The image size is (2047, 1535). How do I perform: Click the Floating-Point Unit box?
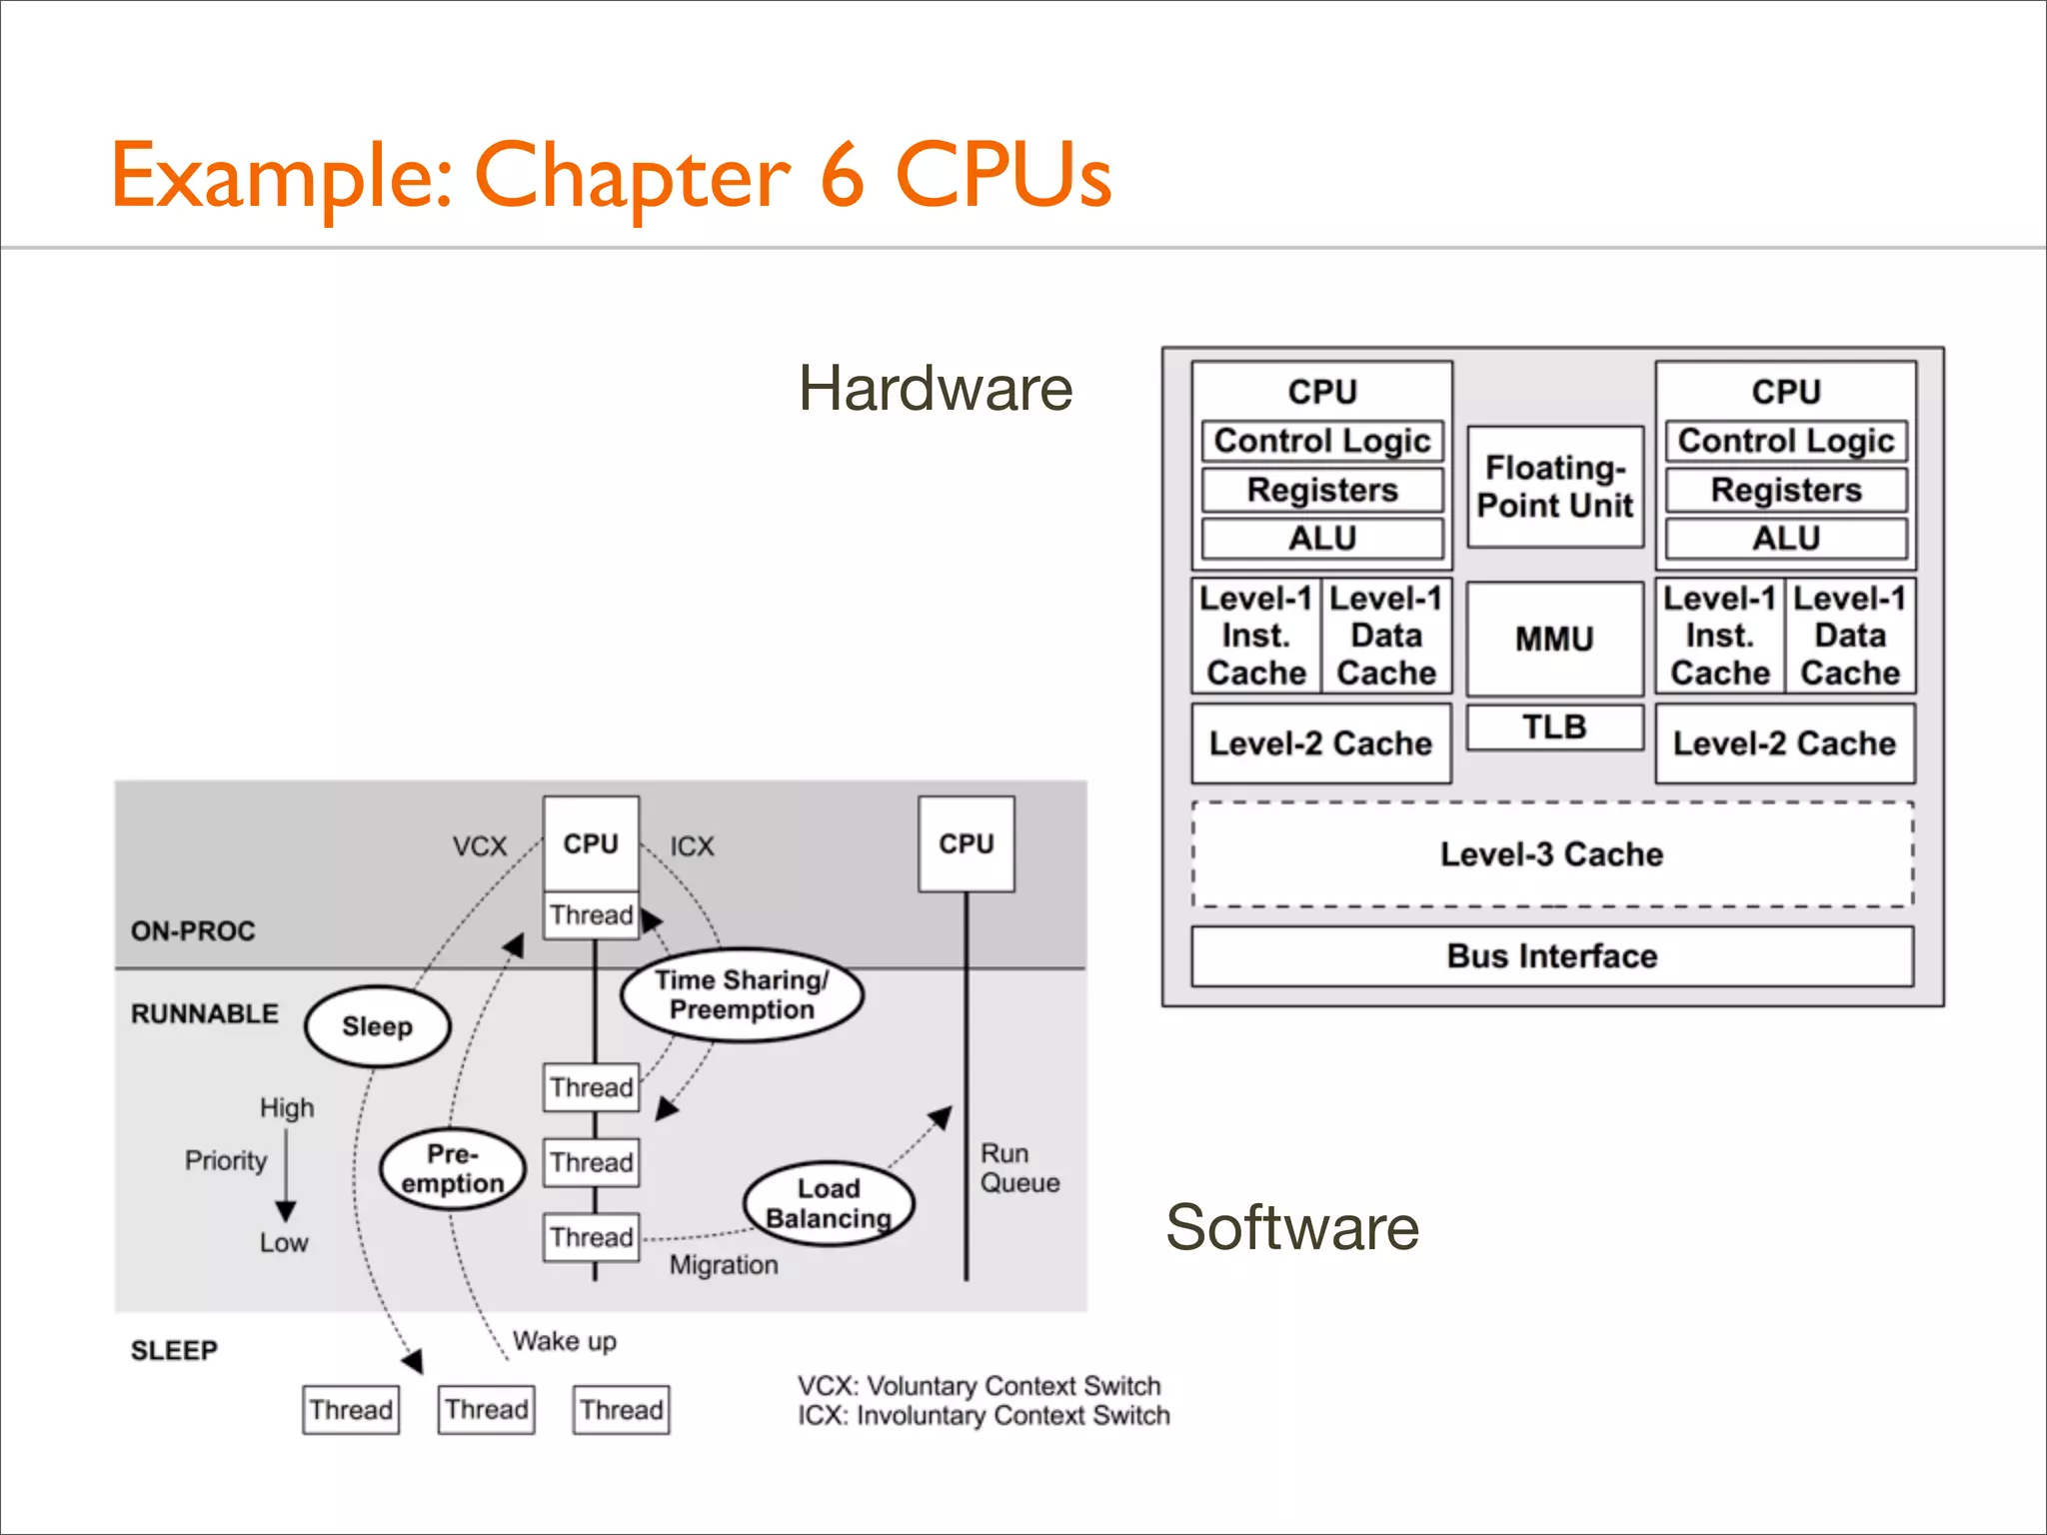tap(1554, 487)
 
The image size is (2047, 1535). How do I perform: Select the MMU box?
tap(1554, 639)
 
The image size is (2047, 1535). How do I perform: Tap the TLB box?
tap(1554, 727)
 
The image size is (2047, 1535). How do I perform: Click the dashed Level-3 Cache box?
tap(1551, 854)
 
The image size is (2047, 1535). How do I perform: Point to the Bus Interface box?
tap(1551, 956)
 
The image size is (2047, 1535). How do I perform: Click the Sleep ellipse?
tap(377, 1026)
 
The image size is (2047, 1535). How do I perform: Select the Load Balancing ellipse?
tap(829, 1203)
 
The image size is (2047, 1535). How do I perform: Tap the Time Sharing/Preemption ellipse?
tap(742, 994)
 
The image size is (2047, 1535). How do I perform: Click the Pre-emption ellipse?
tap(453, 1168)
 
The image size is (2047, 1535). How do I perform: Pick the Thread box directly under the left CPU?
tap(591, 914)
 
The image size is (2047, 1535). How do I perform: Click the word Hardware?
tap(935, 388)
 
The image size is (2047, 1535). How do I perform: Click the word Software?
tap(1291, 1227)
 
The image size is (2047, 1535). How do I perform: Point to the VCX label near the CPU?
tap(480, 846)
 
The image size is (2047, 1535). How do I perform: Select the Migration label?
tap(724, 1265)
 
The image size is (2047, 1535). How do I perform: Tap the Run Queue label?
tap(1019, 1168)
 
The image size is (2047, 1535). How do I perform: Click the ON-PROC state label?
tap(193, 930)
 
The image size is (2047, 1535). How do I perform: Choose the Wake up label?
tap(564, 1340)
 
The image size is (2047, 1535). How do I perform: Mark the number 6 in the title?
tap(842, 176)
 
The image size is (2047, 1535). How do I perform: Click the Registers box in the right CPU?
tap(1785, 490)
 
